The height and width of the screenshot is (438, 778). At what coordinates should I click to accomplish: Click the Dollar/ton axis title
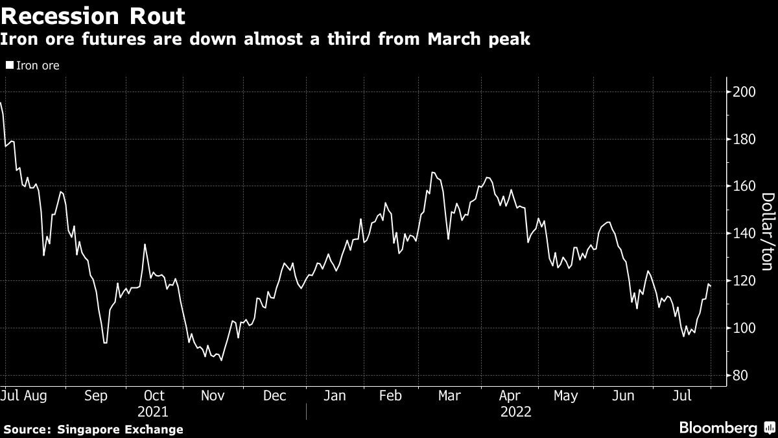767,241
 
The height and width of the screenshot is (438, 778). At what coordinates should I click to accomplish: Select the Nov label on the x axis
212,395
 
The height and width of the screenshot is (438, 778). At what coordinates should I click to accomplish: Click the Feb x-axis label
390,395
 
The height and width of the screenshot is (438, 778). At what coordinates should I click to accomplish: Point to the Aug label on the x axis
36,395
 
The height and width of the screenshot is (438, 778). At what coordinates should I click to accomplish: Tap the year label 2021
153,411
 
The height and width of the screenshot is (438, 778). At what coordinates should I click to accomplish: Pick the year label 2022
516,411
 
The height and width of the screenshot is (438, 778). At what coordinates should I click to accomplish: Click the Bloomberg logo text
718,428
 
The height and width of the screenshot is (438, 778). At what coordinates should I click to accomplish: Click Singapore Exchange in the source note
120,430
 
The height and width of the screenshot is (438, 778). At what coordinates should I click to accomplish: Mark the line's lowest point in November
222,360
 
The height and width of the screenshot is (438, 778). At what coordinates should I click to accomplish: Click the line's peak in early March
432,173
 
